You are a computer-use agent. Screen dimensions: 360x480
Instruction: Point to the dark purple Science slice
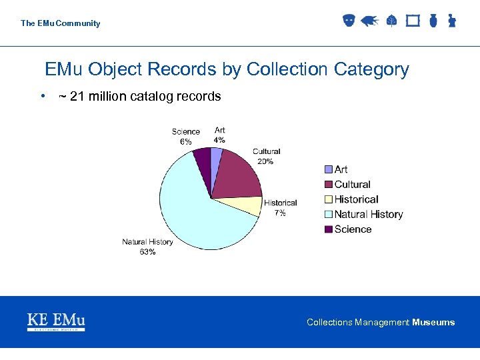(x=202, y=157)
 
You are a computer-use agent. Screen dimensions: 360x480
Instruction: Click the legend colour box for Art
(x=328, y=169)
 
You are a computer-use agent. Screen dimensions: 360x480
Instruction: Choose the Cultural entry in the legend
(x=352, y=185)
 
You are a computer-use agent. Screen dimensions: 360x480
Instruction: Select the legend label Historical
(x=356, y=199)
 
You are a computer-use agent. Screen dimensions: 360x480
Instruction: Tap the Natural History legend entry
(x=368, y=214)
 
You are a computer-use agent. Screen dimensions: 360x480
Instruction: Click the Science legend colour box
(x=328, y=229)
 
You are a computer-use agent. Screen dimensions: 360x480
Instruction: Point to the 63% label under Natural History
(x=147, y=251)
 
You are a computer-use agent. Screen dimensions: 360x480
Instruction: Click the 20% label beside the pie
(x=265, y=161)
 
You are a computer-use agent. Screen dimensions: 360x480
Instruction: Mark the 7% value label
(x=280, y=213)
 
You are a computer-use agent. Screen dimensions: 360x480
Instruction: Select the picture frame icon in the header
(x=413, y=21)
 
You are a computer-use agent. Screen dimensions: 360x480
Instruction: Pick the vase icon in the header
(x=433, y=21)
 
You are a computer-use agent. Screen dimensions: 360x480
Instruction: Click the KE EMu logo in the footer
(x=56, y=321)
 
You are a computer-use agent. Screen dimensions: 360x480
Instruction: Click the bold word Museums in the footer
(x=433, y=323)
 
